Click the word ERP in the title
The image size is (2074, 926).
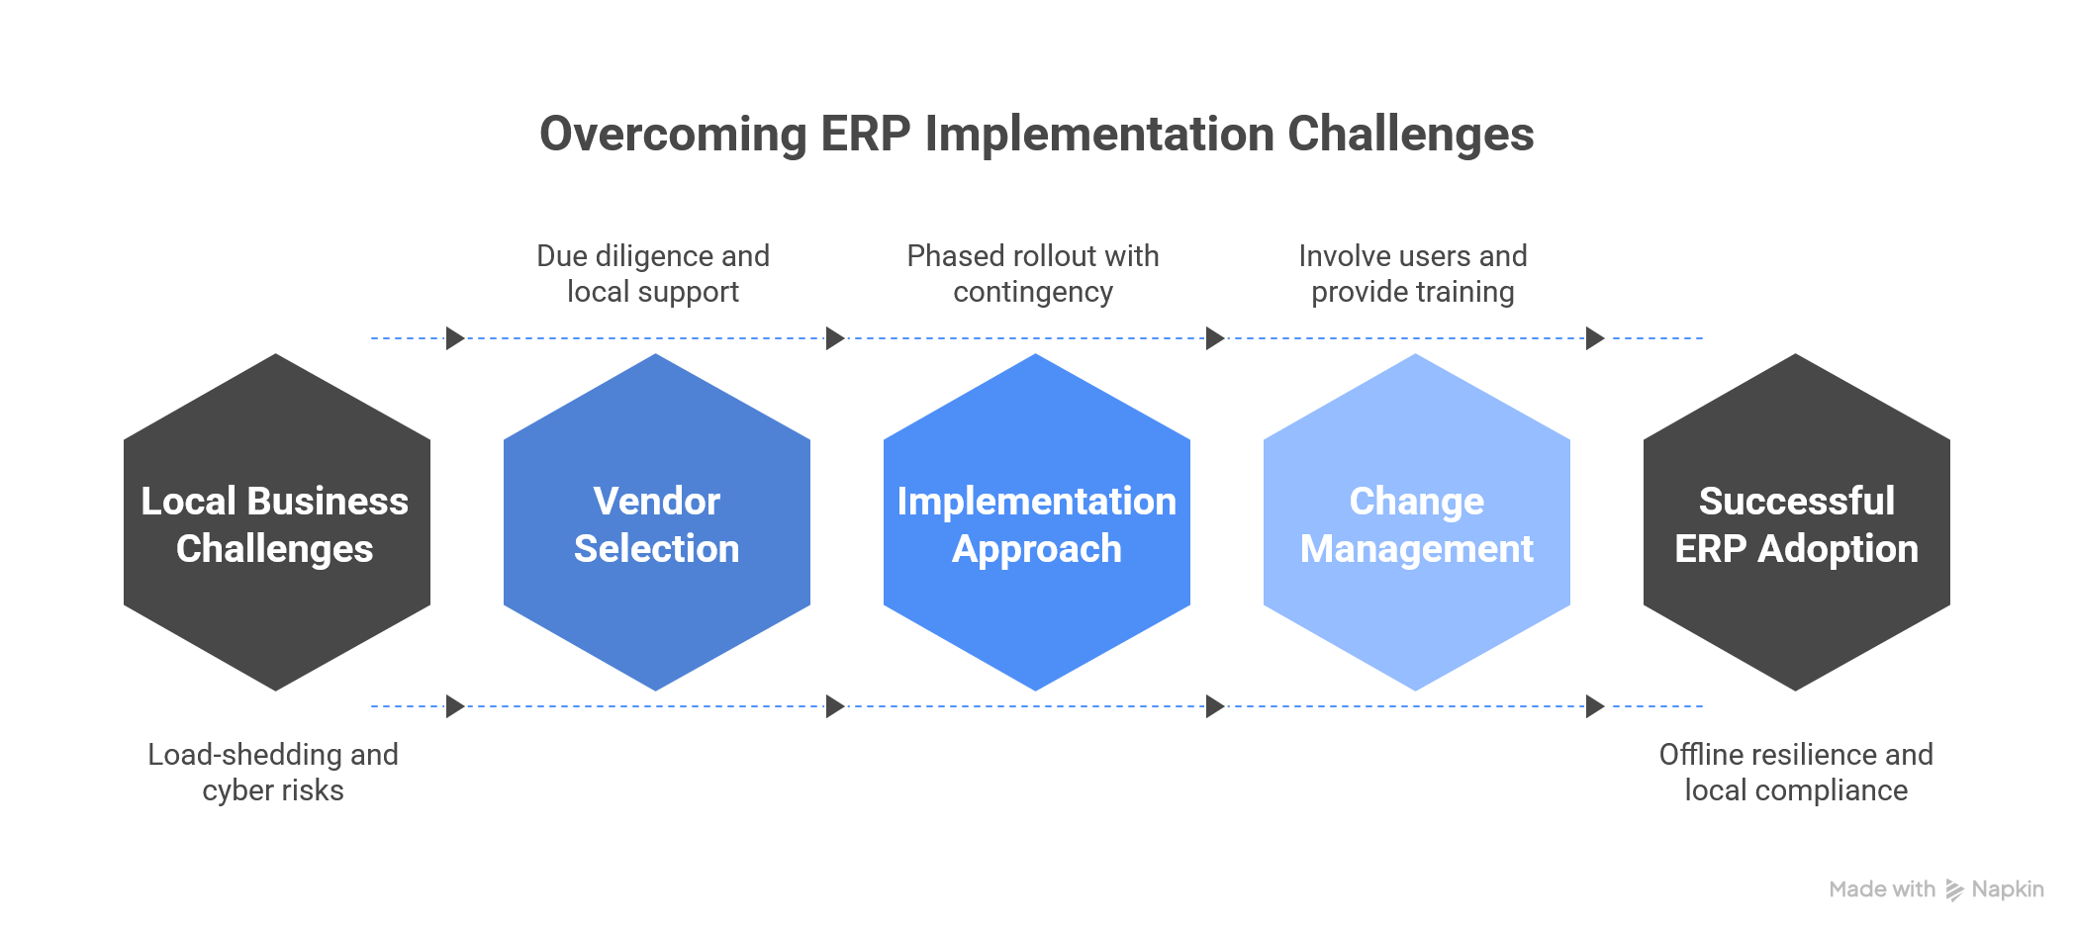[x=865, y=135]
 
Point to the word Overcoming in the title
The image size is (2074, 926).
[x=673, y=135]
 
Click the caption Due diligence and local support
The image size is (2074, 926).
[x=653, y=274]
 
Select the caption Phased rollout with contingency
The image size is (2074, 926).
[x=1033, y=274]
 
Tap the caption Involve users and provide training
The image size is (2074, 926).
[x=1413, y=274]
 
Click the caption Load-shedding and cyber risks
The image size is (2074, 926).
[x=273, y=773]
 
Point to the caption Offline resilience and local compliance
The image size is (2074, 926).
[x=1796, y=773]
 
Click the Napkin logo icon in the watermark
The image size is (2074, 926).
[x=1954, y=890]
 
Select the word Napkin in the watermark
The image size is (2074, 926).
[x=2008, y=889]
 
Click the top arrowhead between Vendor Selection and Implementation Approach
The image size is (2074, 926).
[x=835, y=338]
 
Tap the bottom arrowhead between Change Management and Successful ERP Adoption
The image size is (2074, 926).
[x=1594, y=706]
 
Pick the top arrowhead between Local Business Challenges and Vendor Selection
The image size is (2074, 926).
[x=455, y=338]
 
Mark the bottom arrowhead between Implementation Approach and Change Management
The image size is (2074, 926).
[x=1215, y=706]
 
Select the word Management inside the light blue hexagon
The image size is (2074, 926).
[x=1416, y=549]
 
